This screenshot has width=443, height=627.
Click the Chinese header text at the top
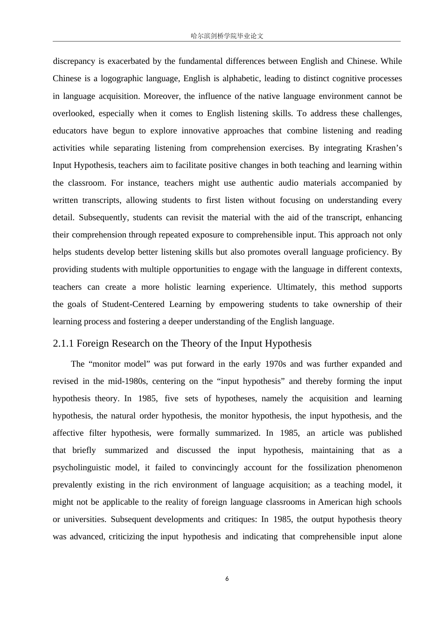[x=227, y=36]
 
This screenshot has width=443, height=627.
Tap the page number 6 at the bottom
[x=227, y=579]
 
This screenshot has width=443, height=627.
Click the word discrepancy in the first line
[x=74, y=61]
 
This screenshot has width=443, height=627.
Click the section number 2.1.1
[x=63, y=343]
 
